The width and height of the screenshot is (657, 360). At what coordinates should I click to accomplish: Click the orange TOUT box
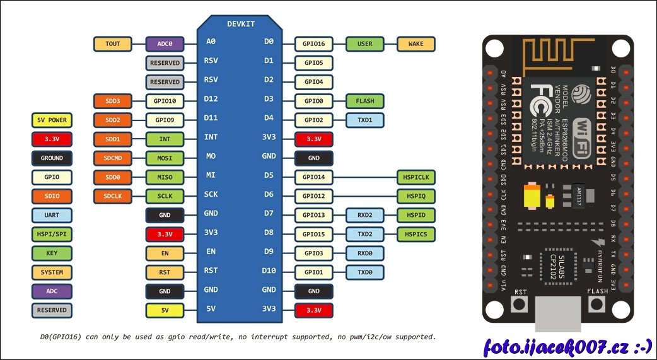coord(113,44)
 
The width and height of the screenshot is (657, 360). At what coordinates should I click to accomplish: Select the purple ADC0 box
coord(165,44)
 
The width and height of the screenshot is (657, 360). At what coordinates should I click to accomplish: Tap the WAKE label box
coord(416,44)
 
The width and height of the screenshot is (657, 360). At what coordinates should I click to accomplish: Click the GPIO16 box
coord(313,44)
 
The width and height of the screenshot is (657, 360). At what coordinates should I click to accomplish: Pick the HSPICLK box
coord(416,177)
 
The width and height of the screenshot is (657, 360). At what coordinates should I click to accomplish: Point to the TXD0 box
coord(365,272)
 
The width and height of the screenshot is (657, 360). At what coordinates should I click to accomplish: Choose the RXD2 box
coord(365,216)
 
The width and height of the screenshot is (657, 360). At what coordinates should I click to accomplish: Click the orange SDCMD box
coord(113,158)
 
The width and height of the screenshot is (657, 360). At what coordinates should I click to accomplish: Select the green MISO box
coord(165,177)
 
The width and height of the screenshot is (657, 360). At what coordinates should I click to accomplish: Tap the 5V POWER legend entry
coord(52,120)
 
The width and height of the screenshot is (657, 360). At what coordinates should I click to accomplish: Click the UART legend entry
coord(52,215)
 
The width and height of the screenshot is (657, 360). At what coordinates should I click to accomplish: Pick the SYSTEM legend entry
coord(52,272)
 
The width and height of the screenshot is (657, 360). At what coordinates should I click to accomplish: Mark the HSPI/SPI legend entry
coord(52,234)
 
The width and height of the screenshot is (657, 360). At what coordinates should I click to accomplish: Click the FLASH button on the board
coord(597,305)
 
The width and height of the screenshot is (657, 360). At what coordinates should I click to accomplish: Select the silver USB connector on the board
coord(558,314)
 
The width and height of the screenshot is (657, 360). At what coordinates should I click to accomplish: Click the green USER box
coord(365,44)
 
